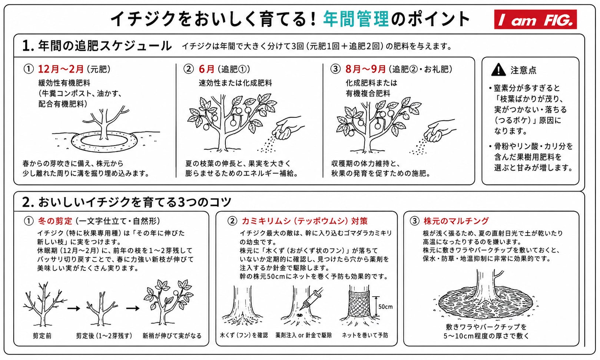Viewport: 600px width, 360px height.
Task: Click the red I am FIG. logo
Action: point(535,19)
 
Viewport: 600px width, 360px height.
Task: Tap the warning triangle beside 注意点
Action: point(498,70)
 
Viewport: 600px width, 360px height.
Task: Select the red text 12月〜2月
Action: point(61,69)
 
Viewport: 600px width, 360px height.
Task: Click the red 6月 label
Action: point(206,69)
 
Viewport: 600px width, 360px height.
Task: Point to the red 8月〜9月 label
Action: point(366,69)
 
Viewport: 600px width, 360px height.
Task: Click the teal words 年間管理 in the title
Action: point(356,19)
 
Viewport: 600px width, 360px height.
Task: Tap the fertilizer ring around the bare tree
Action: point(105,141)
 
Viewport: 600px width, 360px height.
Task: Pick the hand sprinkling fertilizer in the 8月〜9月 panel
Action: point(439,131)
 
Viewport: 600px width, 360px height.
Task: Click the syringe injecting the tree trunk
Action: point(313,298)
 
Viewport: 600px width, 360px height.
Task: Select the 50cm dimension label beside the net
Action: point(385,307)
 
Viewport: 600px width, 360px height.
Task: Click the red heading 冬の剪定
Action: point(55,221)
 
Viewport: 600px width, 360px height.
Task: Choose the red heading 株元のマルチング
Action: point(456,221)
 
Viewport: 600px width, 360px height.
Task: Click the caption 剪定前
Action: point(42,336)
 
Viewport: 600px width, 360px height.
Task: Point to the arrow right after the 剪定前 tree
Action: point(74,309)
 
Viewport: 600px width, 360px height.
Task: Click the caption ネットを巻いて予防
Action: point(365,335)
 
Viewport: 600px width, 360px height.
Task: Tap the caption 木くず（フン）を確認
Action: point(244,335)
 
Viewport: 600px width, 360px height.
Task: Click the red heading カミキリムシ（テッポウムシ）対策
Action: point(305,221)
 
